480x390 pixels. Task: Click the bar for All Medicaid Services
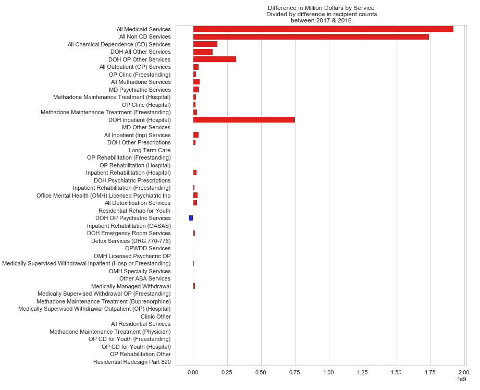[323, 29]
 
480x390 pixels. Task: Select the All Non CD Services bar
[311, 36]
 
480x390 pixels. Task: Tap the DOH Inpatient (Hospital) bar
[244, 120]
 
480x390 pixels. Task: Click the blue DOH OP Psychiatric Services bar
[191, 218]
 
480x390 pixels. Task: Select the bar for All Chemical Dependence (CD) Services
[205, 44]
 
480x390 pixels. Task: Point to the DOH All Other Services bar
[203, 52]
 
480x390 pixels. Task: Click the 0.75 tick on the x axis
[295, 372]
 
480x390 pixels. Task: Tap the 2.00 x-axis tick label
[464, 372]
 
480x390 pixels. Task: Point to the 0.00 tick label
[193, 372]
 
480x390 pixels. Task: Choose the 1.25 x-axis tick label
[363, 372]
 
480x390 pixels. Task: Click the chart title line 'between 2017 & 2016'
[321, 20]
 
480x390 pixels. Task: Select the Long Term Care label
[150, 150]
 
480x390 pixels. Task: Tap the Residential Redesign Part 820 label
[132, 362]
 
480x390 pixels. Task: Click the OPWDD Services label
[148, 248]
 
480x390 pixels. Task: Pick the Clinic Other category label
[155, 316]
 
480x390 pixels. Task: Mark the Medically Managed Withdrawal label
[131, 286]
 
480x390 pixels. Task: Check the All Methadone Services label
[141, 82]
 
